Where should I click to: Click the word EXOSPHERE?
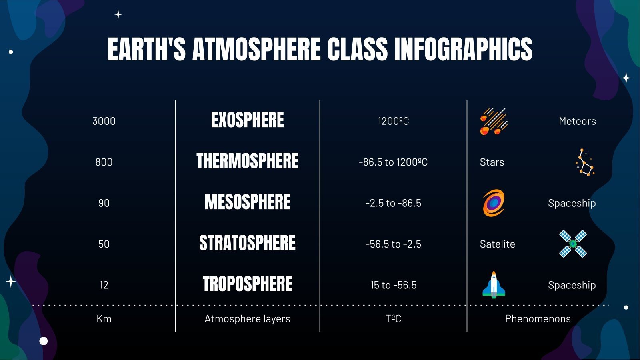[247, 120]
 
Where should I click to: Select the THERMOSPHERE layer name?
[247, 161]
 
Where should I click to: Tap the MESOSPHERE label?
[247, 202]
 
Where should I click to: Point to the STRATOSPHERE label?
[247, 243]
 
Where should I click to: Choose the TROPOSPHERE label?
[247, 284]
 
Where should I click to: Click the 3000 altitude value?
[104, 121]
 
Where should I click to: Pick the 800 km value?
[104, 162]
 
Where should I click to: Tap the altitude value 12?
[104, 285]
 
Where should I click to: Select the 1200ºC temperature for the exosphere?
[393, 121]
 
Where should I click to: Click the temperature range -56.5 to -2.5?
[393, 244]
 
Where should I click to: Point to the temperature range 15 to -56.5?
[393, 285]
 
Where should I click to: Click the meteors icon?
[494, 121]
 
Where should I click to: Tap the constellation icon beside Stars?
[585, 162]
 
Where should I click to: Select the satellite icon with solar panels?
[573, 244]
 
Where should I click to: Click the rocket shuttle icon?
[494, 285]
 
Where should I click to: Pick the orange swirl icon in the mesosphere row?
[494, 203]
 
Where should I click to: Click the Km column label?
[104, 319]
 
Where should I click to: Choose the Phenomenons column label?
[538, 319]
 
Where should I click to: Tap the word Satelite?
[497, 244]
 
